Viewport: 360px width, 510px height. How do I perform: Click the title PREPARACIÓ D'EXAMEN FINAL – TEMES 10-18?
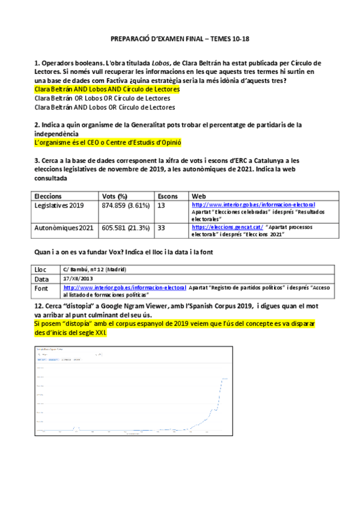[180, 38]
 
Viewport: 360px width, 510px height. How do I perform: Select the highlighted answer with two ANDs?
[108, 89]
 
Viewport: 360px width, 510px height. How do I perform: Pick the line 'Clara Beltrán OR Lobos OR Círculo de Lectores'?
[102, 98]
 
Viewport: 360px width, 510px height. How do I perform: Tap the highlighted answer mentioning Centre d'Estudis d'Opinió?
[108, 143]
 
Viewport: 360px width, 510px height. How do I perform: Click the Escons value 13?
[161, 206]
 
